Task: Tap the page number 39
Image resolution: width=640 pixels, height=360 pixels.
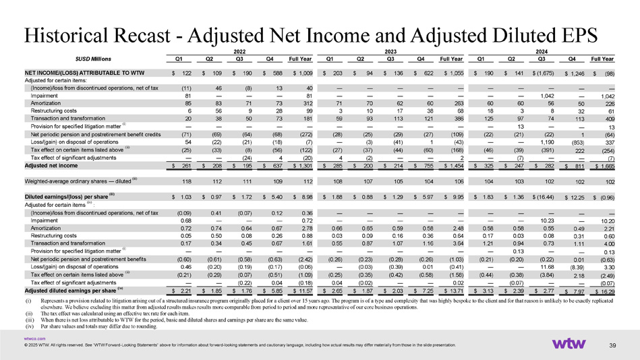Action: point(612,347)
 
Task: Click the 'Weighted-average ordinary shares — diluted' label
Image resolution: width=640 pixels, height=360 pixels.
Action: point(80,181)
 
